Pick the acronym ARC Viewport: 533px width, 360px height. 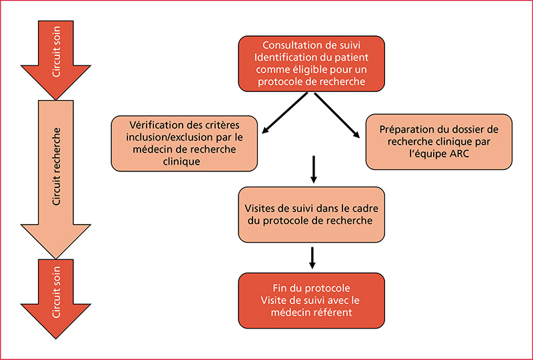coord(459,153)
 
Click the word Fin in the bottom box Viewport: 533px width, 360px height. coord(279,288)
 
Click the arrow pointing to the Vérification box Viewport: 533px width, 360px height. coord(285,113)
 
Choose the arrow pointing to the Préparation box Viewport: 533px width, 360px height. coord(337,115)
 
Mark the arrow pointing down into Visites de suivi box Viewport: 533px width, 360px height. coord(314,169)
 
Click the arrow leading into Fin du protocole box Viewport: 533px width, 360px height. coord(312,257)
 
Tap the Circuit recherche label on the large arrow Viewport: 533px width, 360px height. coord(56,167)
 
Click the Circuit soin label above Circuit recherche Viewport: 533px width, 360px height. coord(56,52)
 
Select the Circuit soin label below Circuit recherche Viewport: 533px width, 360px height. coord(56,292)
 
